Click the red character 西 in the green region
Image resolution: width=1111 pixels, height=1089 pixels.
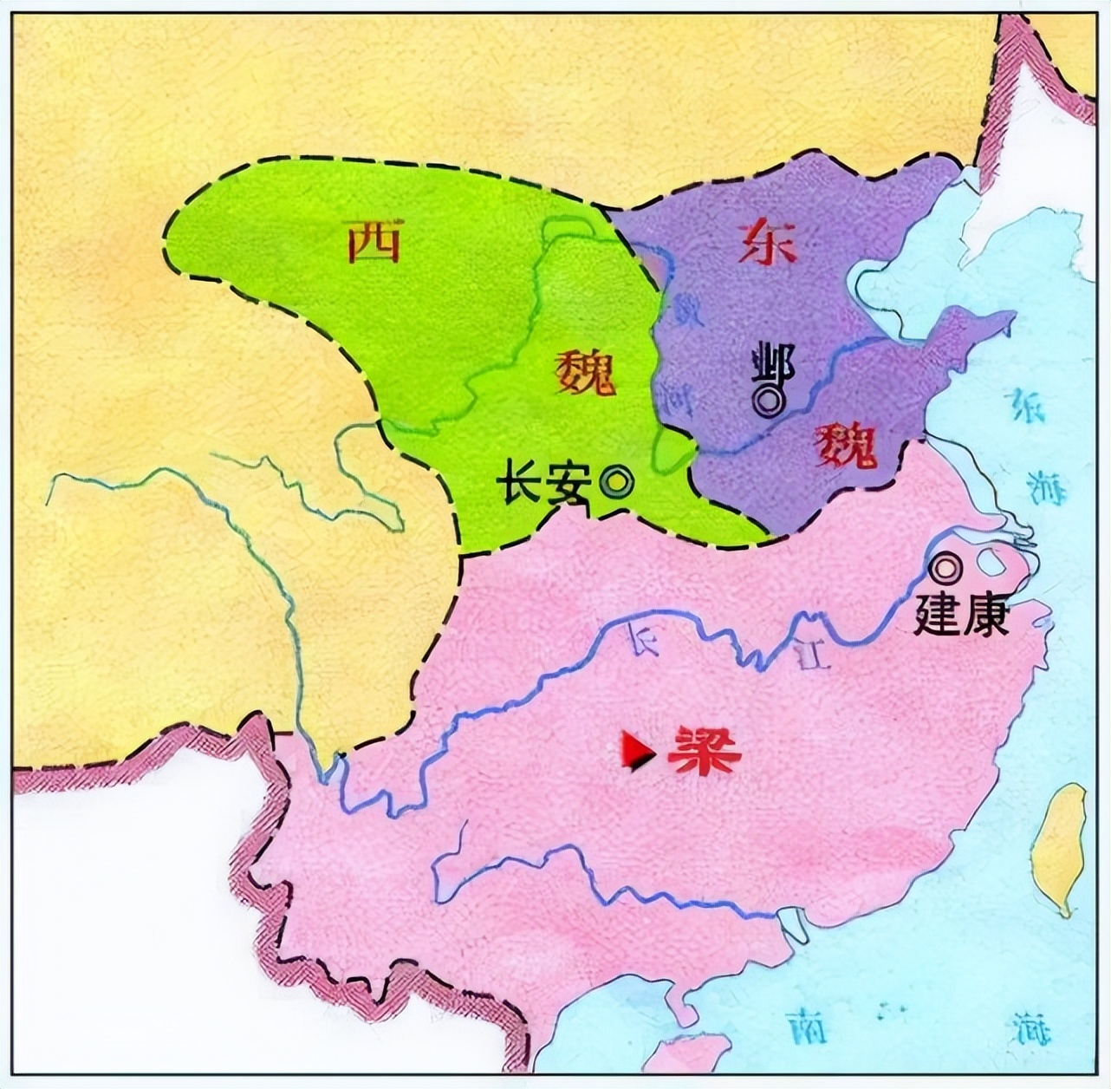(374, 242)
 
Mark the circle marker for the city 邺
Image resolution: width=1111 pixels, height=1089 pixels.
(768, 400)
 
